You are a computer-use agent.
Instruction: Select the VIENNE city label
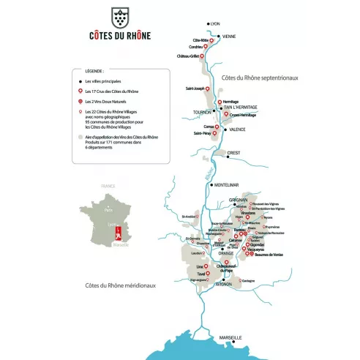click(229, 37)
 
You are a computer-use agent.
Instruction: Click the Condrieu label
click(195, 48)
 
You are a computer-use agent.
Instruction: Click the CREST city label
click(234, 153)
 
